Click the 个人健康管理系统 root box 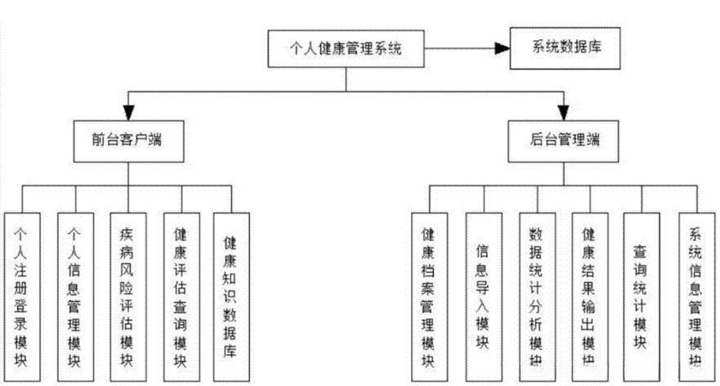tap(347, 50)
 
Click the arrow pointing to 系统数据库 tap(499, 50)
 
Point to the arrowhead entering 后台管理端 tap(565, 112)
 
